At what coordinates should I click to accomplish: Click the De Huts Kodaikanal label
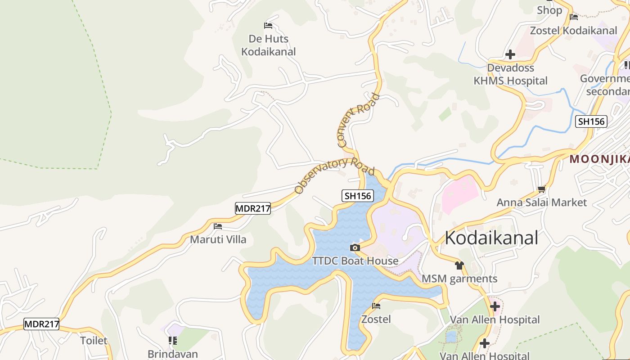(x=269, y=45)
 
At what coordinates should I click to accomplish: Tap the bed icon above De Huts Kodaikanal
(x=268, y=25)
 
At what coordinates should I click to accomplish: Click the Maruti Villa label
(x=218, y=239)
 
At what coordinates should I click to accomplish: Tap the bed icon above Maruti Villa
(x=218, y=226)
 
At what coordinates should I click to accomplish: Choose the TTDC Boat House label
(x=356, y=261)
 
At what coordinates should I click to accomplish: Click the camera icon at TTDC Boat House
(x=355, y=247)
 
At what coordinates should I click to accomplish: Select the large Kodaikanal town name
(x=491, y=238)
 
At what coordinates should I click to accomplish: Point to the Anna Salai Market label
(x=542, y=202)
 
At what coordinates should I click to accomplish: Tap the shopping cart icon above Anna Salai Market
(x=542, y=189)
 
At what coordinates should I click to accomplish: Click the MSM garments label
(x=459, y=279)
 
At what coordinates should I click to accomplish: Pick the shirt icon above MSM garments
(x=459, y=265)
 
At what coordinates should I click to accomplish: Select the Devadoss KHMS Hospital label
(x=511, y=74)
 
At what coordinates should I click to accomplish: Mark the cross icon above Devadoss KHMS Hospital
(x=510, y=54)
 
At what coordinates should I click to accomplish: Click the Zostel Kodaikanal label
(x=574, y=31)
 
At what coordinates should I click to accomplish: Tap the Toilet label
(x=94, y=340)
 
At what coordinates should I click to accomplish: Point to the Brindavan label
(x=173, y=354)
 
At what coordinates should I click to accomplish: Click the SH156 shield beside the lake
(x=358, y=196)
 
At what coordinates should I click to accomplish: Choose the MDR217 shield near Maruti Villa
(x=252, y=208)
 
